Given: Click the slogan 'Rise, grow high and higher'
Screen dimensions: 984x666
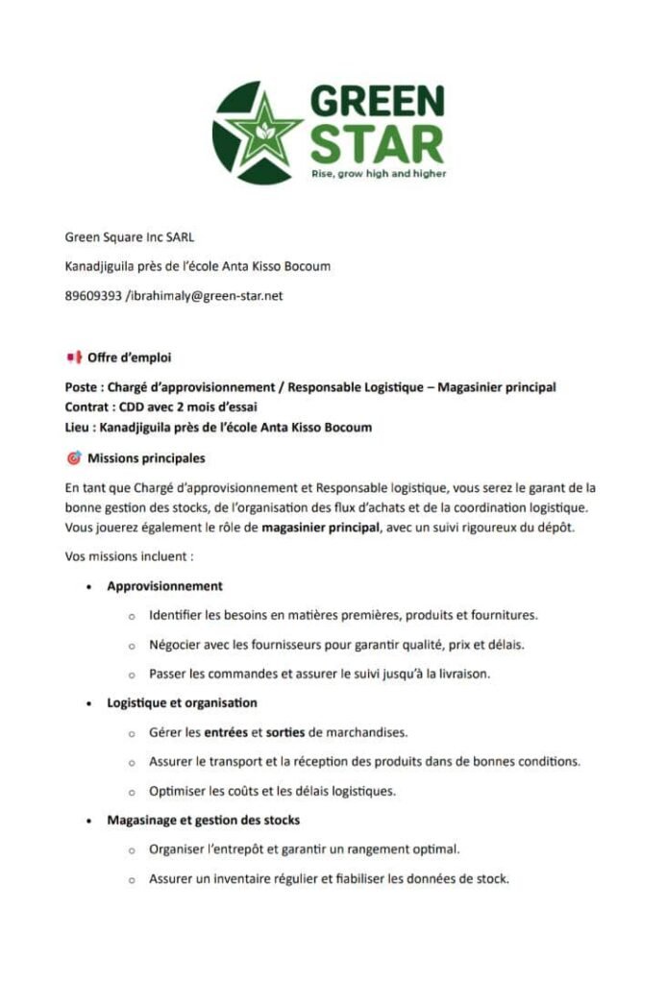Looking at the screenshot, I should [378, 174].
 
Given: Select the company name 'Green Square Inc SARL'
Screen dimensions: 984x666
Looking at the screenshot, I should [130, 236].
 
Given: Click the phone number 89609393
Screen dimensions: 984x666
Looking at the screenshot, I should [93, 296].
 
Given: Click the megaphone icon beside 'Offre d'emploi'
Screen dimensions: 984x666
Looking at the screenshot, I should [72, 358].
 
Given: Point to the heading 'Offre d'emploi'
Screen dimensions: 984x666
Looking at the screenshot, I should [129, 358].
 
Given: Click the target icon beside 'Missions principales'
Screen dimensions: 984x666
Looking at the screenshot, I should [73, 457].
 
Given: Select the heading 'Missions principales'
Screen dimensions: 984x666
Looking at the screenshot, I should [146, 457].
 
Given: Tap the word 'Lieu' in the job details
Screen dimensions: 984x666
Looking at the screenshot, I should [79, 427].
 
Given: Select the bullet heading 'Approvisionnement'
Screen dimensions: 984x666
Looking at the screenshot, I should [164, 585].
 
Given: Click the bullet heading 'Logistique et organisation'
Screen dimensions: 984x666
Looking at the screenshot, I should [182, 702].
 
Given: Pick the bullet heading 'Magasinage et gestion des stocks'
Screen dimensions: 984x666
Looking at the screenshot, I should [203, 820].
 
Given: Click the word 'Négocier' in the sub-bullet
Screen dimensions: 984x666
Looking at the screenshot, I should [175, 644].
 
